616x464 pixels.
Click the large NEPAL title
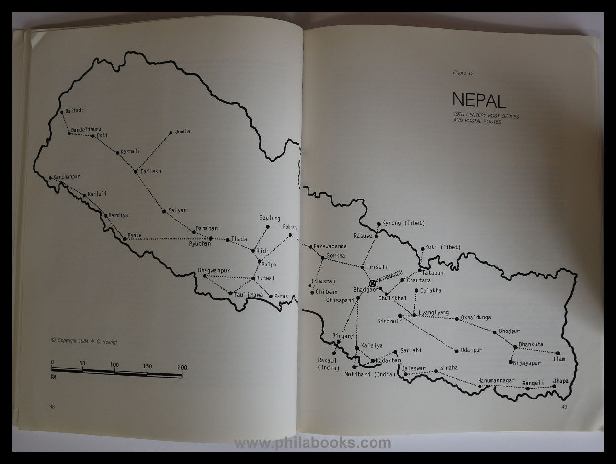tap(479, 100)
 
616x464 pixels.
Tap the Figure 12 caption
tap(463, 73)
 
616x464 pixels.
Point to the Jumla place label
tap(182, 132)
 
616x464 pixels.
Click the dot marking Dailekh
tap(135, 171)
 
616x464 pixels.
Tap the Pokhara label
tap(291, 227)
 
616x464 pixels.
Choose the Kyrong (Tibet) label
tap(404, 223)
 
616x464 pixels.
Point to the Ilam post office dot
tap(558, 353)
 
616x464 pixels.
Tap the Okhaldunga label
tap(476, 318)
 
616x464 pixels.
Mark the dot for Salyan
tap(164, 211)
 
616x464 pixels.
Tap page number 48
tap(52, 406)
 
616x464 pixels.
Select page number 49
tap(565, 406)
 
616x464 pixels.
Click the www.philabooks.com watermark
tap(312, 443)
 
